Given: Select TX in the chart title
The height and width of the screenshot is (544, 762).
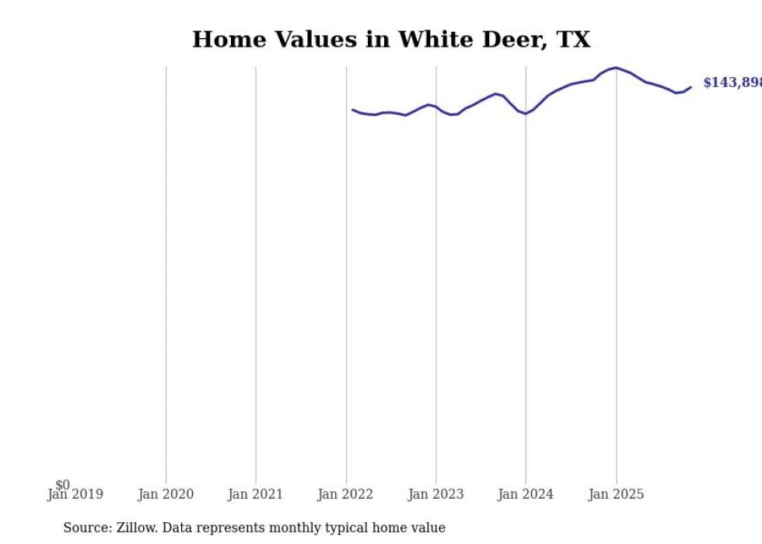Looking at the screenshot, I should (x=573, y=40).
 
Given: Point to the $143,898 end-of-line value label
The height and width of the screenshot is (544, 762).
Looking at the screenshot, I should (x=732, y=82).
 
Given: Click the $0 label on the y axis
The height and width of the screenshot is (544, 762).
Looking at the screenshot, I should (x=62, y=485).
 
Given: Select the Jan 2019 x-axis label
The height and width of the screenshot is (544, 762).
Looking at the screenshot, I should (x=75, y=494).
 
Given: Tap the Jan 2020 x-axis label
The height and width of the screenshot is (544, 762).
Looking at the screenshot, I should (x=166, y=494).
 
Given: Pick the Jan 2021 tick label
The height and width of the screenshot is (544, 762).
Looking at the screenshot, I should (x=256, y=494).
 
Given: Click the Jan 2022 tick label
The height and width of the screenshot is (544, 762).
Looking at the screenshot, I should (x=345, y=494).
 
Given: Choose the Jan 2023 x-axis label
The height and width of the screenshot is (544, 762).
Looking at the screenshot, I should (x=435, y=494).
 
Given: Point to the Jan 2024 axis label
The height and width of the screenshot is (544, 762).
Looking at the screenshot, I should (x=526, y=494).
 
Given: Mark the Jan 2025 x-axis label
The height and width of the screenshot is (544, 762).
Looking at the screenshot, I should (x=616, y=494).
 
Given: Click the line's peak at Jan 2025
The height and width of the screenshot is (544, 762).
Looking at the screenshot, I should (x=616, y=68).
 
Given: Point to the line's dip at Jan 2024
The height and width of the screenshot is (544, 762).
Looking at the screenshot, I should (x=526, y=114).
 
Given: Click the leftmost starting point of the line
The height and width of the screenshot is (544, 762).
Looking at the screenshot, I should (x=352, y=110).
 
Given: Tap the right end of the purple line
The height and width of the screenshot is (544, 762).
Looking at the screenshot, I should (x=690, y=87).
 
